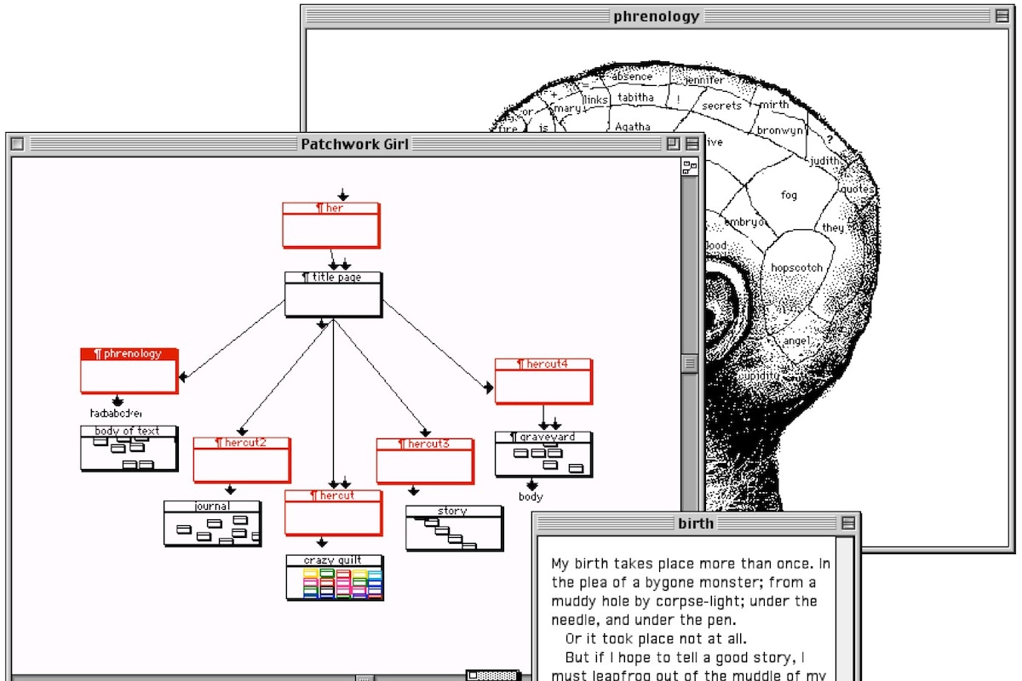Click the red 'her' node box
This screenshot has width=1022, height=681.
pos(330,226)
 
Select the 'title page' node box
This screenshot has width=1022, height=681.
pos(332,295)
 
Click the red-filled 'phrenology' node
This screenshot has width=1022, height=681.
pos(129,370)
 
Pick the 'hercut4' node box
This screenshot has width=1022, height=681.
pos(543,381)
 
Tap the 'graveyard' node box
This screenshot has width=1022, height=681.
pos(543,455)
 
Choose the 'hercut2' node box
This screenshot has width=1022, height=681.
pos(241,461)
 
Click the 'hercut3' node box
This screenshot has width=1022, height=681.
pos(425,461)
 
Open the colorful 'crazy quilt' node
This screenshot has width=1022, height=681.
pos(334,578)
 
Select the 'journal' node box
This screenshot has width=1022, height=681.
pos(212,524)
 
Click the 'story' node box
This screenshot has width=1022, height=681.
pos(453,529)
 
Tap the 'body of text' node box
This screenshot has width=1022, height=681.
pos(129,449)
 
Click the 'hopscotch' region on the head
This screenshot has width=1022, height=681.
pos(796,268)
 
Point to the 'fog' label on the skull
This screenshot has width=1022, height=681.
pos(789,196)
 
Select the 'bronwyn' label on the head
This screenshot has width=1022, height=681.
pos(779,131)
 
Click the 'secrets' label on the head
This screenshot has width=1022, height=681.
pos(721,106)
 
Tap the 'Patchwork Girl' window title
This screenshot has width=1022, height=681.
pos(354,144)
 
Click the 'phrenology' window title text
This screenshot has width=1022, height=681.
pos(656,16)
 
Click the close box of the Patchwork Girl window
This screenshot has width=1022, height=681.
pos(17,144)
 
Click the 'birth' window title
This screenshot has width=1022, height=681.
pos(696,523)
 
